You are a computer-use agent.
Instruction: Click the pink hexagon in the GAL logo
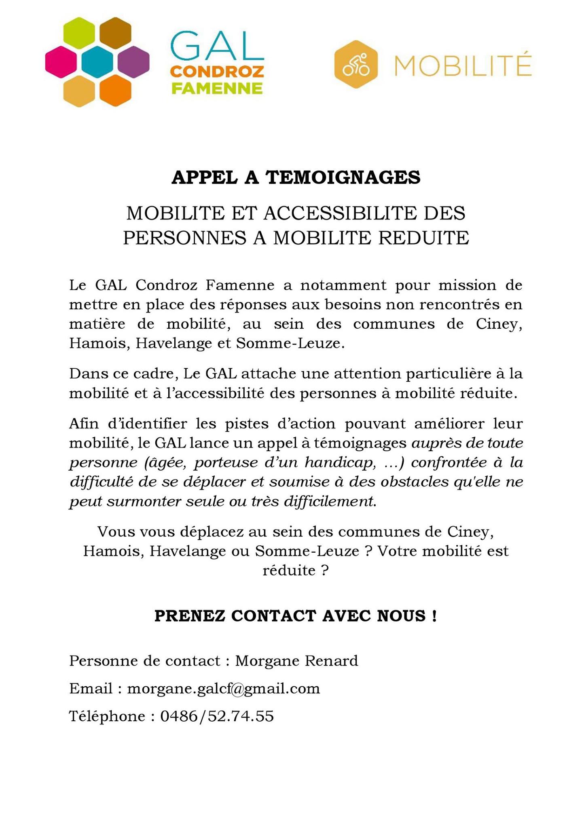(x=61, y=62)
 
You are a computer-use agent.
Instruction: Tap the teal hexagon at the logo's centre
(x=97, y=62)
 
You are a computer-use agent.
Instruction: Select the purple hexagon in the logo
(x=133, y=62)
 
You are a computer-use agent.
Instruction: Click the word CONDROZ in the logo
(x=217, y=72)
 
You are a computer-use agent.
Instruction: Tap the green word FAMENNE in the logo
(x=217, y=88)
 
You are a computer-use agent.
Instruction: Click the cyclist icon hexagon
(x=356, y=64)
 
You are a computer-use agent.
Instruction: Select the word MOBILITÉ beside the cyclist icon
(x=463, y=65)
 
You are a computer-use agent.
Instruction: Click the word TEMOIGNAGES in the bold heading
(x=343, y=177)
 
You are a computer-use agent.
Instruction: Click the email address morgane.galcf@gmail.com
(x=224, y=689)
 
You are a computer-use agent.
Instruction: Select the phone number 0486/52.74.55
(x=217, y=716)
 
